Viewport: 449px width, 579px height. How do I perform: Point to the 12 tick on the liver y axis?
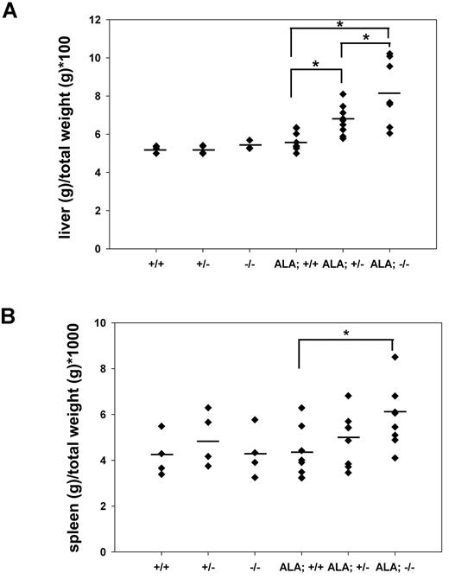[x=106, y=20]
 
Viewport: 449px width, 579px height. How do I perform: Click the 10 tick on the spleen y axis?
[x=106, y=323]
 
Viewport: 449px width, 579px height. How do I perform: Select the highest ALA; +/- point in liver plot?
[x=344, y=94]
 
